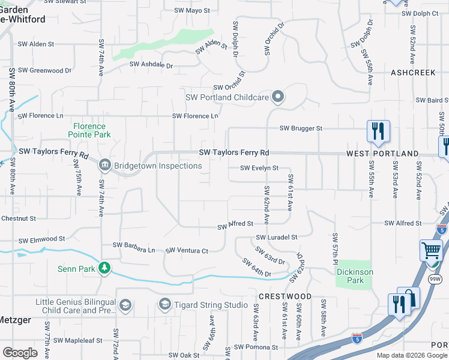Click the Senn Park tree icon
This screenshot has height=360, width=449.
[x=105, y=268]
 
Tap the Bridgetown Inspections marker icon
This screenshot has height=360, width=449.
[x=104, y=165]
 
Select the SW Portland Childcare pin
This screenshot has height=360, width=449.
[x=277, y=97]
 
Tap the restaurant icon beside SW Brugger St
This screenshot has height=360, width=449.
[x=378, y=131]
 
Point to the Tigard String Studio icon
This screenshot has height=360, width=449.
[x=164, y=305]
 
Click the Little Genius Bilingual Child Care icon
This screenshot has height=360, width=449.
[x=125, y=305]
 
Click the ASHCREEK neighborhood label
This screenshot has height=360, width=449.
[x=412, y=72]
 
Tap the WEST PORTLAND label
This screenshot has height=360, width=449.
[x=382, y=154]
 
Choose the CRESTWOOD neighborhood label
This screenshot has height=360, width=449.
[x=285, y=296]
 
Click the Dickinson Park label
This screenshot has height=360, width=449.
[x=355, y=276]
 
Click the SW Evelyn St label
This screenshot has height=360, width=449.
[x=259, y=168]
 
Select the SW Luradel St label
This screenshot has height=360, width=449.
[x=277, y=238]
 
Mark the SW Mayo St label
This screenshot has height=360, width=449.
[x=192, y=10]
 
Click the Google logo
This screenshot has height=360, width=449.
[x=20, y=352]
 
